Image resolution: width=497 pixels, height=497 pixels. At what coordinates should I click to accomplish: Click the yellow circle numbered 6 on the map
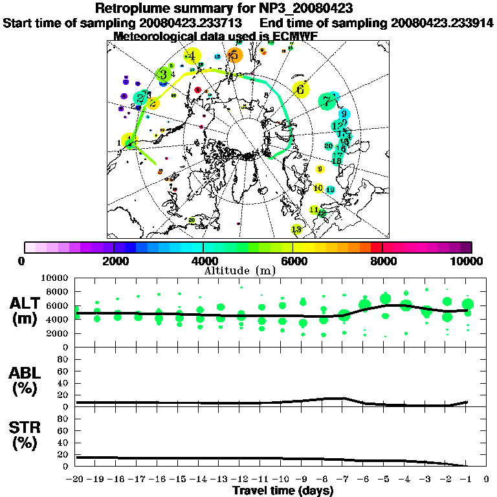point(300,89)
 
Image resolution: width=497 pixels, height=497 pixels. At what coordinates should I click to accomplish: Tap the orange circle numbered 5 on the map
point(234,56)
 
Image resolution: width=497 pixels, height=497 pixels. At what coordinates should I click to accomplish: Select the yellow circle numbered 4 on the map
point(192,56)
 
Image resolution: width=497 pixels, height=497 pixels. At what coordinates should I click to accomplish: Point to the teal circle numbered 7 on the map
point(328,101)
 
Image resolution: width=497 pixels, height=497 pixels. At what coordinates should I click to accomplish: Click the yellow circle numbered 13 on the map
point(297,229)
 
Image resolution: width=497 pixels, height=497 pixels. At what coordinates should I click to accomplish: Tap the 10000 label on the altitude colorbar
point(469,261)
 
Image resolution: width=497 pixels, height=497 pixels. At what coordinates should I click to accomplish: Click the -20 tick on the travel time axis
point(76,480)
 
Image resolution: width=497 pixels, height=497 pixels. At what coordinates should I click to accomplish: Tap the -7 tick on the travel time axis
point(343,480)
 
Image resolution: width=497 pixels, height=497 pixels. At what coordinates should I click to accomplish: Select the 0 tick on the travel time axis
point(486,480)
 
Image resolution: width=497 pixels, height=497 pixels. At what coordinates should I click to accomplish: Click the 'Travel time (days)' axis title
point(283,491)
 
